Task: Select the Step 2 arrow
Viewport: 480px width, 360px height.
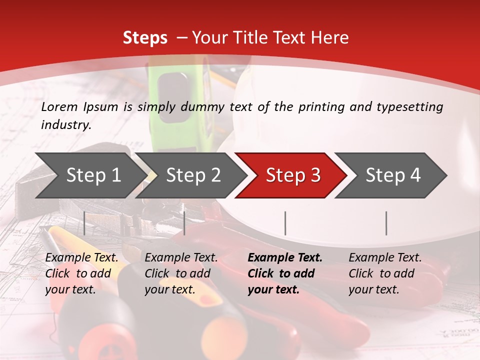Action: click(x=193, y=175)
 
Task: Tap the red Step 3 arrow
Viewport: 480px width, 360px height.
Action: click(x=293, y=175)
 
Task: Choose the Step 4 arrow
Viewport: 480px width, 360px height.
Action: click(x=393, y=175)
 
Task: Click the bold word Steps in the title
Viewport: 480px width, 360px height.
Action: click(x=145, y=37)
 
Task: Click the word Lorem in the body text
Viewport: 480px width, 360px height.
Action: click(x=59, y=106)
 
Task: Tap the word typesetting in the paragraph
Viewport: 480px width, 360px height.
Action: click(x=409, y=106)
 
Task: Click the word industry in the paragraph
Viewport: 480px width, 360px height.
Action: click(x=66, y=125)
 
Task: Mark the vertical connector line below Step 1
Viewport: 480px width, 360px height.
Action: click(x=84, y=223)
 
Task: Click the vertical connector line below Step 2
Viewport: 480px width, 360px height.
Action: click(x=184, y=223)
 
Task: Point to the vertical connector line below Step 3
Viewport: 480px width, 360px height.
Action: click(x=285, y=223)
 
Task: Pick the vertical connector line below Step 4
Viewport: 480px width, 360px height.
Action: click(x=386, y=223)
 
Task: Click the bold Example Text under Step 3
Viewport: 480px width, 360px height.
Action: click(x=285, y=258)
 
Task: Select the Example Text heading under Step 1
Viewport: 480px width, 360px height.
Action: click(x=81, y=258)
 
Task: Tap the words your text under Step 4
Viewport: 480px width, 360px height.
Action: click(x=373, y=289)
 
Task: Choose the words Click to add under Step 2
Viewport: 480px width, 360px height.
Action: click(x=177, y=273)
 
